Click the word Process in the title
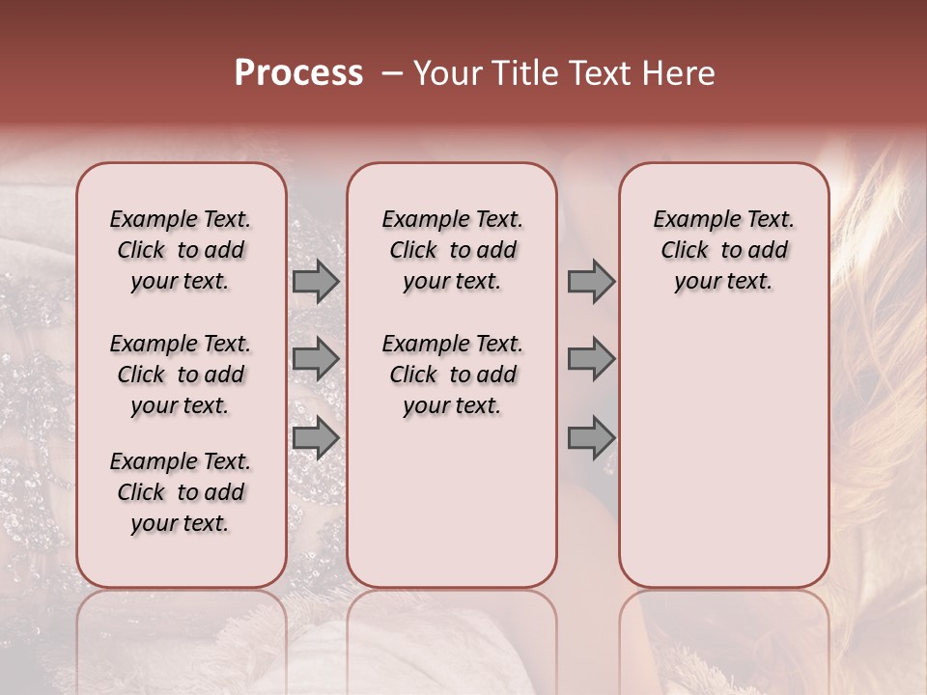point(298,73)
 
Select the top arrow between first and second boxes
point(316,282)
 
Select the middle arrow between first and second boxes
point(316,359)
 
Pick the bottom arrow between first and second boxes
point(316,437)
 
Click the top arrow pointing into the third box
point(591,282)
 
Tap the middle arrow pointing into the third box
point(591,359)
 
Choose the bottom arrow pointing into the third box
point(591,438)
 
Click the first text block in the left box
point(181,250)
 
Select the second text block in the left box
point(181,375)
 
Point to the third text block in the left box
point(181,492)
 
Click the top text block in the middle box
point(452,250)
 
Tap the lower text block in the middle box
point(452,375)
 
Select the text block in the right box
point(724,250)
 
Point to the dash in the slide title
point(392,73)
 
